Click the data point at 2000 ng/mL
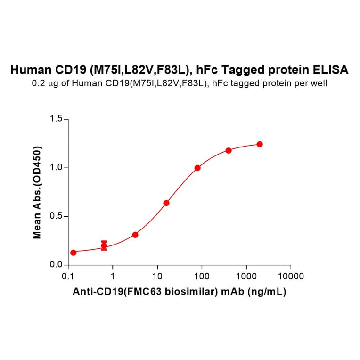click(x=260, y=144)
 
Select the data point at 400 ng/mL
click(x=229, y=150)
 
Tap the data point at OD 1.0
click(x=197, y=168)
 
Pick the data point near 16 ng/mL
click(x=166, y=203)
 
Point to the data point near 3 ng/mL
click(x=135, y=235)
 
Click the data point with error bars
click(x=104, y=245)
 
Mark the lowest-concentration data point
click(x=73, y=253)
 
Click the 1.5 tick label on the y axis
click(x=56, y=119)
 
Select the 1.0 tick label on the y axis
click(x=56, y=168)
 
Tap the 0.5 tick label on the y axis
click(x=56, y=216)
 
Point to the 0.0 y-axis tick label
click(x=56, y=265)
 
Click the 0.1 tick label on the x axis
click(x=68, y=276)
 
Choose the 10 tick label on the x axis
click(x=157, y=276)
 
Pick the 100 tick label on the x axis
click(x=202, y=276)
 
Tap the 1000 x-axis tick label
click(x=246, y=276)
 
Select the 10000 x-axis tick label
click(x=291, y=276)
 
